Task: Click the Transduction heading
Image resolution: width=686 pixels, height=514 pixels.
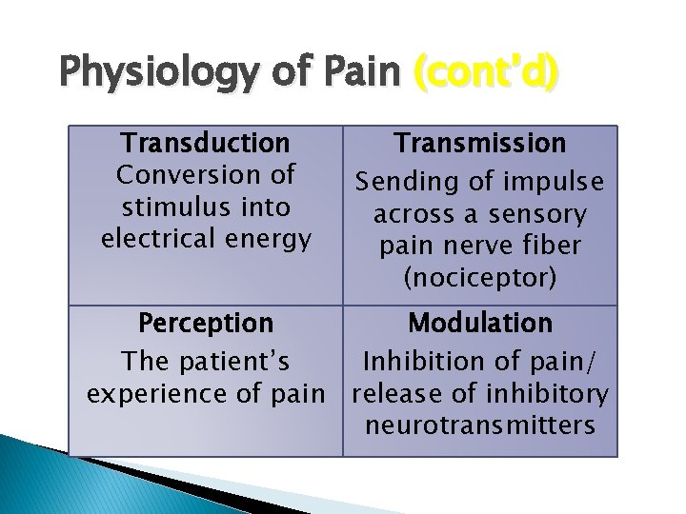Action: tap(205, 143)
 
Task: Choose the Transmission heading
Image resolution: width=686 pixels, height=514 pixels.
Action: tap(481, 143)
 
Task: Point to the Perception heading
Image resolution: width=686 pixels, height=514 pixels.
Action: tap(205, 323)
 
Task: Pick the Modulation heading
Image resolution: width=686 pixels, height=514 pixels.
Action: tap(480, 323)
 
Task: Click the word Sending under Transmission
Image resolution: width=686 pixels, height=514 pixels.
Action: tap(403, 181)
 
